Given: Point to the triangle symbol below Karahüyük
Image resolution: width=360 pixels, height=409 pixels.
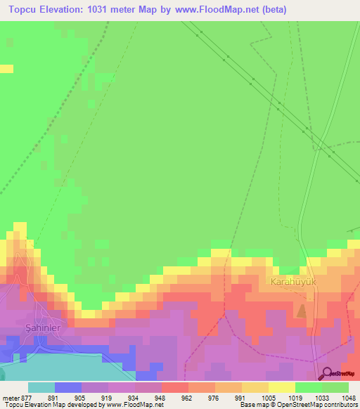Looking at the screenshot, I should pos(302,310).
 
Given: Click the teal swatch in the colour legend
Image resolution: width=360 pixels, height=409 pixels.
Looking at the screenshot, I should pos(41,387).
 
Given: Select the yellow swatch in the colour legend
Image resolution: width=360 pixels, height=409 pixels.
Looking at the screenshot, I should pos(281,387).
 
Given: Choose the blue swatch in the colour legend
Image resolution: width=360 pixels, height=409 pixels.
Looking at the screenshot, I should pos(68,387).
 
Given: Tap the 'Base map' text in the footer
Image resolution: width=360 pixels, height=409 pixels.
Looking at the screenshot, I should pos(256,405).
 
